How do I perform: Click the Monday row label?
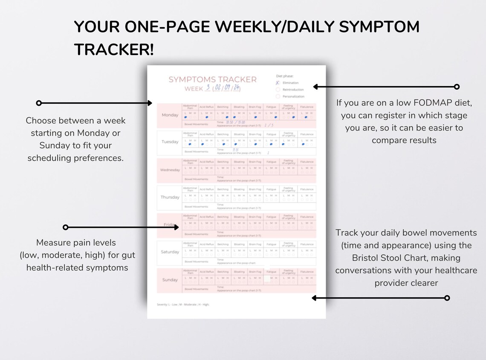click(170, 115)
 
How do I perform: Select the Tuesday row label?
click(170, 142)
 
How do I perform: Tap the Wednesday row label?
click(170, 170)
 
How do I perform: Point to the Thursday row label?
click(170, 197)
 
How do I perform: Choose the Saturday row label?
click(170, 252)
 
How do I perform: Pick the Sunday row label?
click(170, 280)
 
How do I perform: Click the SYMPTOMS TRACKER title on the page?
click(212, 79)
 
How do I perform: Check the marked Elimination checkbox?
click(278, 83)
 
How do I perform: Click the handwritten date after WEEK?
click(226, 88)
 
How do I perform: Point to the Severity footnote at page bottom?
click(183, 305)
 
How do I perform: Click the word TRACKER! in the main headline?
click(114, 50)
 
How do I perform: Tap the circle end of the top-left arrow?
click(39, 103)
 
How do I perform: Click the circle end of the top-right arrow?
click(457, 87)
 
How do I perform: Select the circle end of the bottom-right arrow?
click(447, 298)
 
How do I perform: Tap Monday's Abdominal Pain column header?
click(190, 107)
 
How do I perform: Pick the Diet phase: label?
click(284, 76)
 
